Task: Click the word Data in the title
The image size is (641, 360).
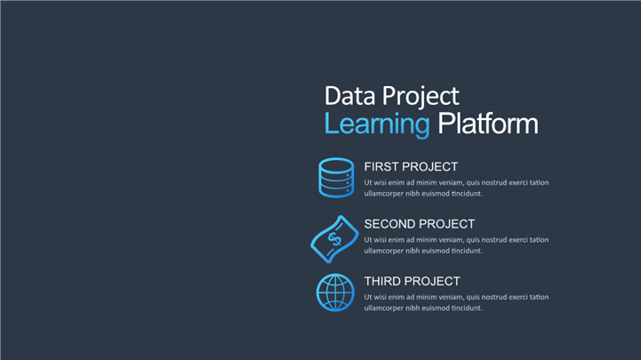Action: click(x=349, y=96)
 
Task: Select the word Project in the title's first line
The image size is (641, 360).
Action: click(x=421, y=97)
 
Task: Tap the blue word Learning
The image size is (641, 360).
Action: click(x=377, y=124)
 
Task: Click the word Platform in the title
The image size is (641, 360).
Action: click(x=488, y=124)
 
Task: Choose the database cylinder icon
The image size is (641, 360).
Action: click(x=336, y=178)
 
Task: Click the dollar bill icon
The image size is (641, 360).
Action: click(x=334, y=239)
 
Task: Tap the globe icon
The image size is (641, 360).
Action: click(x=335, y=292)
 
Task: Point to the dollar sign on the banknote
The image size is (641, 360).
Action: click(x=335, y=239)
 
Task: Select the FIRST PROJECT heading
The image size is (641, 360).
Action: click(x=411, y=167)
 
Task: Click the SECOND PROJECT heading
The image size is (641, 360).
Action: click(x=420, y=224)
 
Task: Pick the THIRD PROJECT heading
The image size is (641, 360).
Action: click(x=413, y=281)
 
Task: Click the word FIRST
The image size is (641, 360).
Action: click(x=381, y=167)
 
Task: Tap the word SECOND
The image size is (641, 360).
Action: click(x=389, y=224)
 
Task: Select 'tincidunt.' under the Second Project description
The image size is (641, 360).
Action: click(x=467, y=251)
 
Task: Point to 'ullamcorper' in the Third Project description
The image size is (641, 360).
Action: click(x=383, y=308)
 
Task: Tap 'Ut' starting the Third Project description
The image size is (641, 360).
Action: click(x=368, y=297)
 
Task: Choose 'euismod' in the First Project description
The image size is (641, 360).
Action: click(x=437, y=193)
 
